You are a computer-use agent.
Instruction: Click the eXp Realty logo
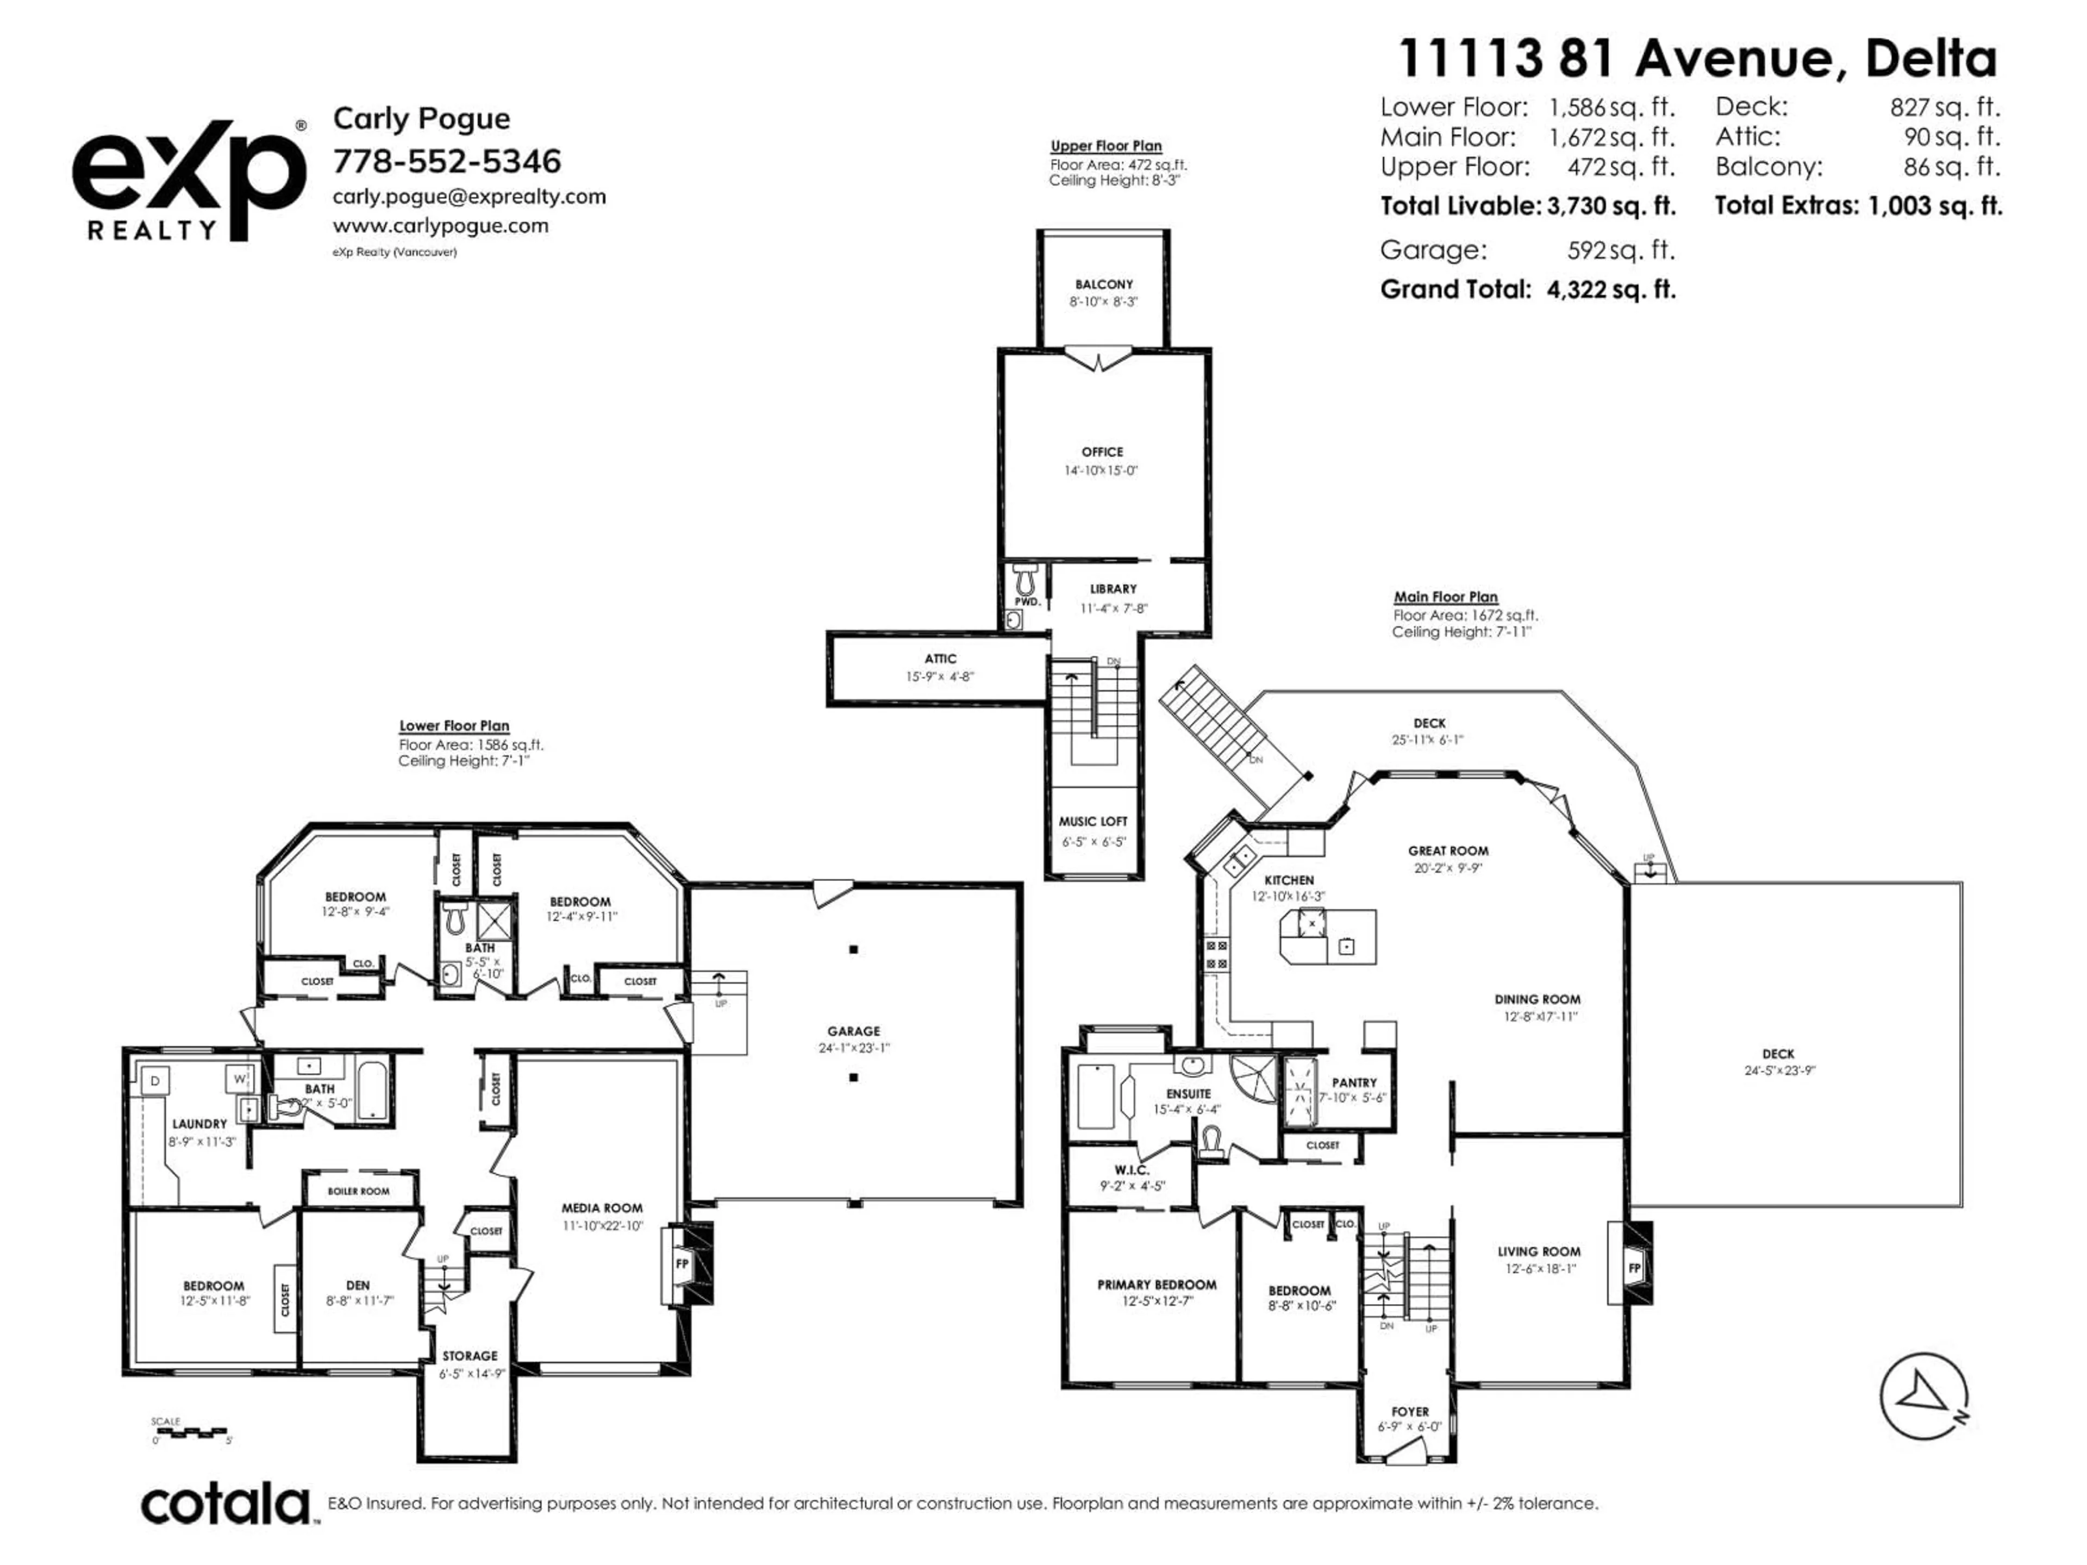[x=189, y=179]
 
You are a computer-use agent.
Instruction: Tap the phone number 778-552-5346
[x=447, y=161]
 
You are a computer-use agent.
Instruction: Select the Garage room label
[x=853, y=1031]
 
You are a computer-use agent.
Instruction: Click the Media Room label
[x=602, y=1207]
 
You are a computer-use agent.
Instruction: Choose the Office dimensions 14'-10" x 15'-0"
[x=1101, y=470]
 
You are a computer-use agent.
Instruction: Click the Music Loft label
[x=1092, y=821]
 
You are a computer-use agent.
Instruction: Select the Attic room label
[x=940, y=659]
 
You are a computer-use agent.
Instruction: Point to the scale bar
[x=191, y=1432]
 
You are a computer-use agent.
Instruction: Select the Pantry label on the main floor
[x=1354, y=1082]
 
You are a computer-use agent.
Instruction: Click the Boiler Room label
[x=359, y=1191]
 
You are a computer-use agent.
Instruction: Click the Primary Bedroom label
[x=1157, y=1284]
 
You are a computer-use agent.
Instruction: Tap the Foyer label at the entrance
[x=1410, y=1411]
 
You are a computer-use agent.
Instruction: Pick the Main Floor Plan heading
[x=1446, y=596]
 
